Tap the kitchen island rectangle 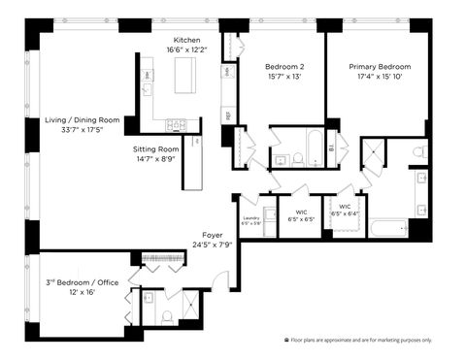(184, 74)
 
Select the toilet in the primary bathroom (418, 152)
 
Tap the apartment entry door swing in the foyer (222, 281)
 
